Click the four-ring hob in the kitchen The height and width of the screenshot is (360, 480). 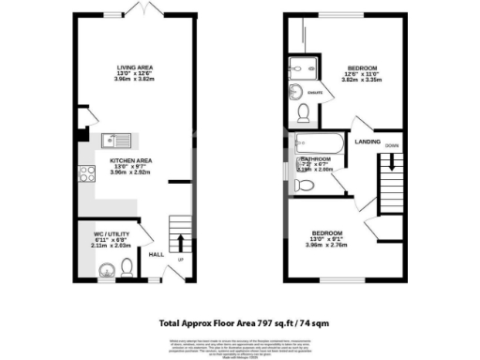point(88,172)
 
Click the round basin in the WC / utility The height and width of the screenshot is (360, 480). point(106,273)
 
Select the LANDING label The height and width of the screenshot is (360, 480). point(366,142)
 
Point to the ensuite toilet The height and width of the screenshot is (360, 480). point(303,113)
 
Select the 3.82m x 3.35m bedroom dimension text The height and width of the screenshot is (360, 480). point(361,81)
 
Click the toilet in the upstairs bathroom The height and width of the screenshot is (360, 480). point(303,186)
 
